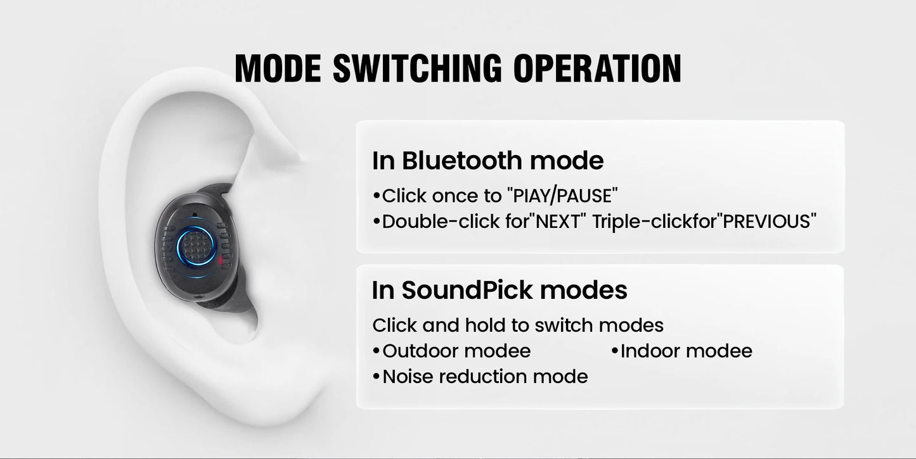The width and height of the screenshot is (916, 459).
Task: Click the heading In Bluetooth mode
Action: coord(487,160)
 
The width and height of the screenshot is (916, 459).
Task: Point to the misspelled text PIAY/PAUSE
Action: coord(562,196)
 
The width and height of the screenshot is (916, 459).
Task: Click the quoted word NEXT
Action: coord(558,222)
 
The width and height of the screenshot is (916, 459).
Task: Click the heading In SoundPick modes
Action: coord(500,290)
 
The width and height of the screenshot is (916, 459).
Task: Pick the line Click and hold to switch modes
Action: coord(517,325)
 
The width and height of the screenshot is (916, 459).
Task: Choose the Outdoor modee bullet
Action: coord(456,351)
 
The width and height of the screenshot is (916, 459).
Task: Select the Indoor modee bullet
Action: coord(685,351)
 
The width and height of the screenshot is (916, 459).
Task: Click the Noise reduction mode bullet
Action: coord(484,377)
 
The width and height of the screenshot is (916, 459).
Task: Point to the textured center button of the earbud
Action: coord(196,244)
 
